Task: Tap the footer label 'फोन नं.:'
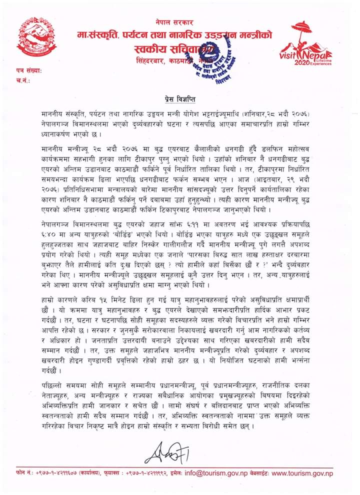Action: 24,473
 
